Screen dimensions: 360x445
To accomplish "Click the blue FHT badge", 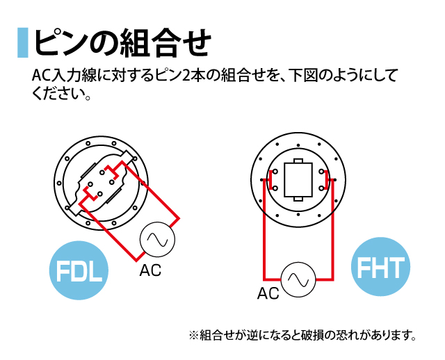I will (x=380, y=266).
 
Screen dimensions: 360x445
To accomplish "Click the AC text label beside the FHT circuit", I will (x=268, y=293).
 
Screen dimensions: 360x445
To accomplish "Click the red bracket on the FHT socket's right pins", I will (x=327, y=180).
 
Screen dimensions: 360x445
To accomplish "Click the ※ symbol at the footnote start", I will (x=193, y=336).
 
